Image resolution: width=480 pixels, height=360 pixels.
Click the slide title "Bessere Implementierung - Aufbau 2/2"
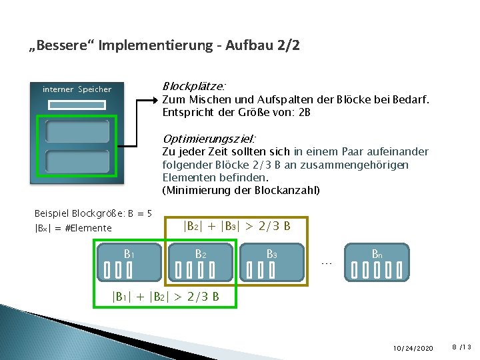165,46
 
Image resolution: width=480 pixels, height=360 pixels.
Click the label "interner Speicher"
77,89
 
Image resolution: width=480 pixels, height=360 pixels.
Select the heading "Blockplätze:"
194,87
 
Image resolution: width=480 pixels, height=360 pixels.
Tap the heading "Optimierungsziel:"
209,139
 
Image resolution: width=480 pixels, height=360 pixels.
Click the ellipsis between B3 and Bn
326,263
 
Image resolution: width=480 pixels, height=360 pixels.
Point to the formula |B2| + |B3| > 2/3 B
237,226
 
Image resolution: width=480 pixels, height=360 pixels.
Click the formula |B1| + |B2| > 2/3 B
165,297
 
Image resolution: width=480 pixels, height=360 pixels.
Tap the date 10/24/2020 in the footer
413,348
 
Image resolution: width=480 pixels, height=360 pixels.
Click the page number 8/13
461,347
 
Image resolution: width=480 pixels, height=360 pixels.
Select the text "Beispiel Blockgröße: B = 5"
93,213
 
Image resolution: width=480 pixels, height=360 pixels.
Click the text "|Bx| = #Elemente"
73,228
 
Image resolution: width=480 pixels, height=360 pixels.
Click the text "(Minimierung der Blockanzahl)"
241,191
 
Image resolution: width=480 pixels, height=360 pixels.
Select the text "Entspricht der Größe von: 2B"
236,113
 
